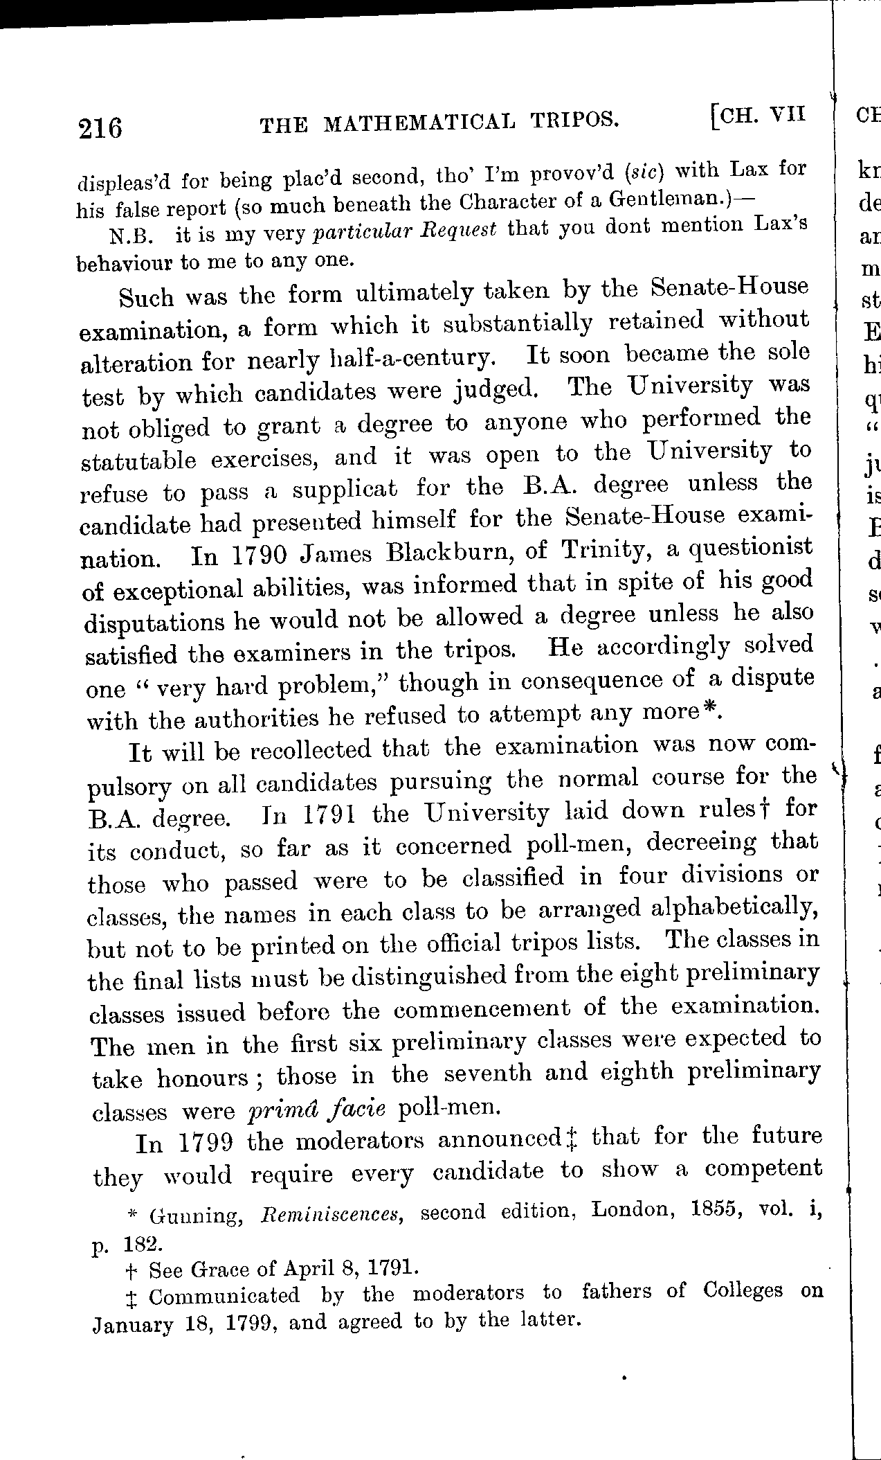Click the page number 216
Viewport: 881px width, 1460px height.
coord(101,128)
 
